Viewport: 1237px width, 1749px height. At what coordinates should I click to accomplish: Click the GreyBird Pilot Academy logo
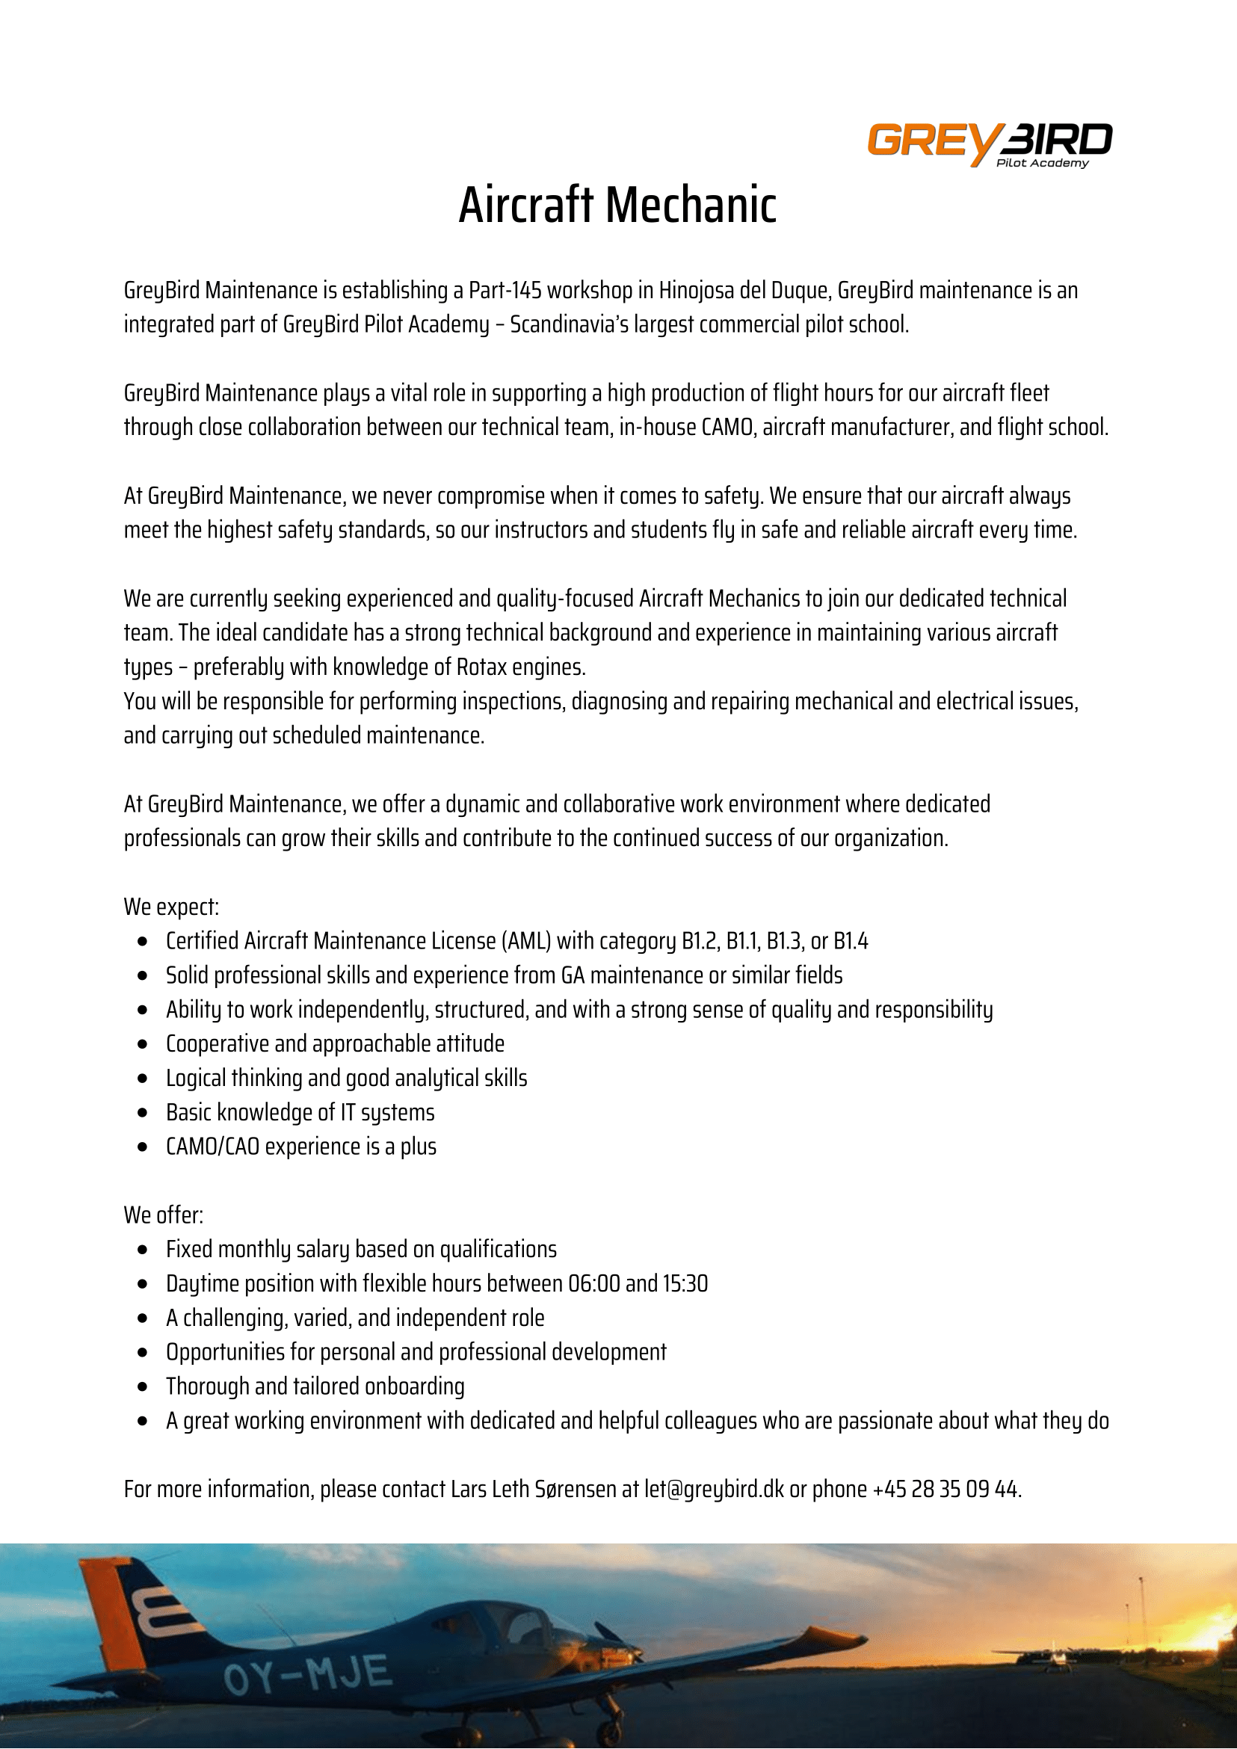[x=990, y=144]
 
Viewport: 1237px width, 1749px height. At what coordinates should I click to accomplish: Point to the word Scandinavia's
[x=564, y=324]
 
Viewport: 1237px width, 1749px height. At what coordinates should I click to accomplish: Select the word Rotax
[x=478, y=667]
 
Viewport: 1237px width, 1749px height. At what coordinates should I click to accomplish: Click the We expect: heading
[x=171, y=907]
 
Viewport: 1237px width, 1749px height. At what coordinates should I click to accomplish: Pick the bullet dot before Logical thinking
[x=144, y=1079]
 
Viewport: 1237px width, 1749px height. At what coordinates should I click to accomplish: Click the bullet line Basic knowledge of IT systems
[x=300, y=1113]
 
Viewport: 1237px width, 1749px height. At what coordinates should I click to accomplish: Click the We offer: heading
[x=164, y=1216]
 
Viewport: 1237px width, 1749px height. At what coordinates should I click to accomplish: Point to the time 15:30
[x=685, y=1284]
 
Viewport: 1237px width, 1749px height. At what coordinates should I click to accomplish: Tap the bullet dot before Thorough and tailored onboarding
[x=144, y=1387]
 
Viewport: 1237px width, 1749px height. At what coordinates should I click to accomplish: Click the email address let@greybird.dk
[x=714, y=1490]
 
